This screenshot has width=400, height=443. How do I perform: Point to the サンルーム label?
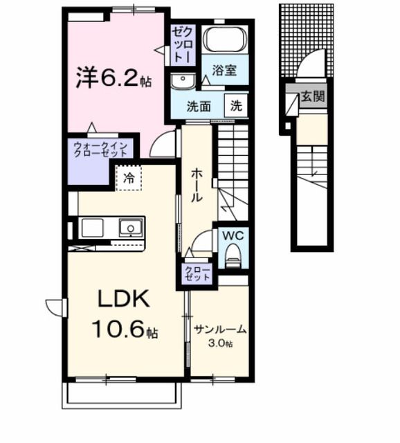click(220, 329)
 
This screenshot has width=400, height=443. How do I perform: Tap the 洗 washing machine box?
click(236, 107)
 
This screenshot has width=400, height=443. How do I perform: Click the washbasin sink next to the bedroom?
click(184, 81)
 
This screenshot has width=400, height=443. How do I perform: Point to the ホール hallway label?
click(196, 186)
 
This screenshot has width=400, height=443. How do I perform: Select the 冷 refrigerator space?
click(129, 178)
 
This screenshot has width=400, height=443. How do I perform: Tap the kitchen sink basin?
click(130, 226)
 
